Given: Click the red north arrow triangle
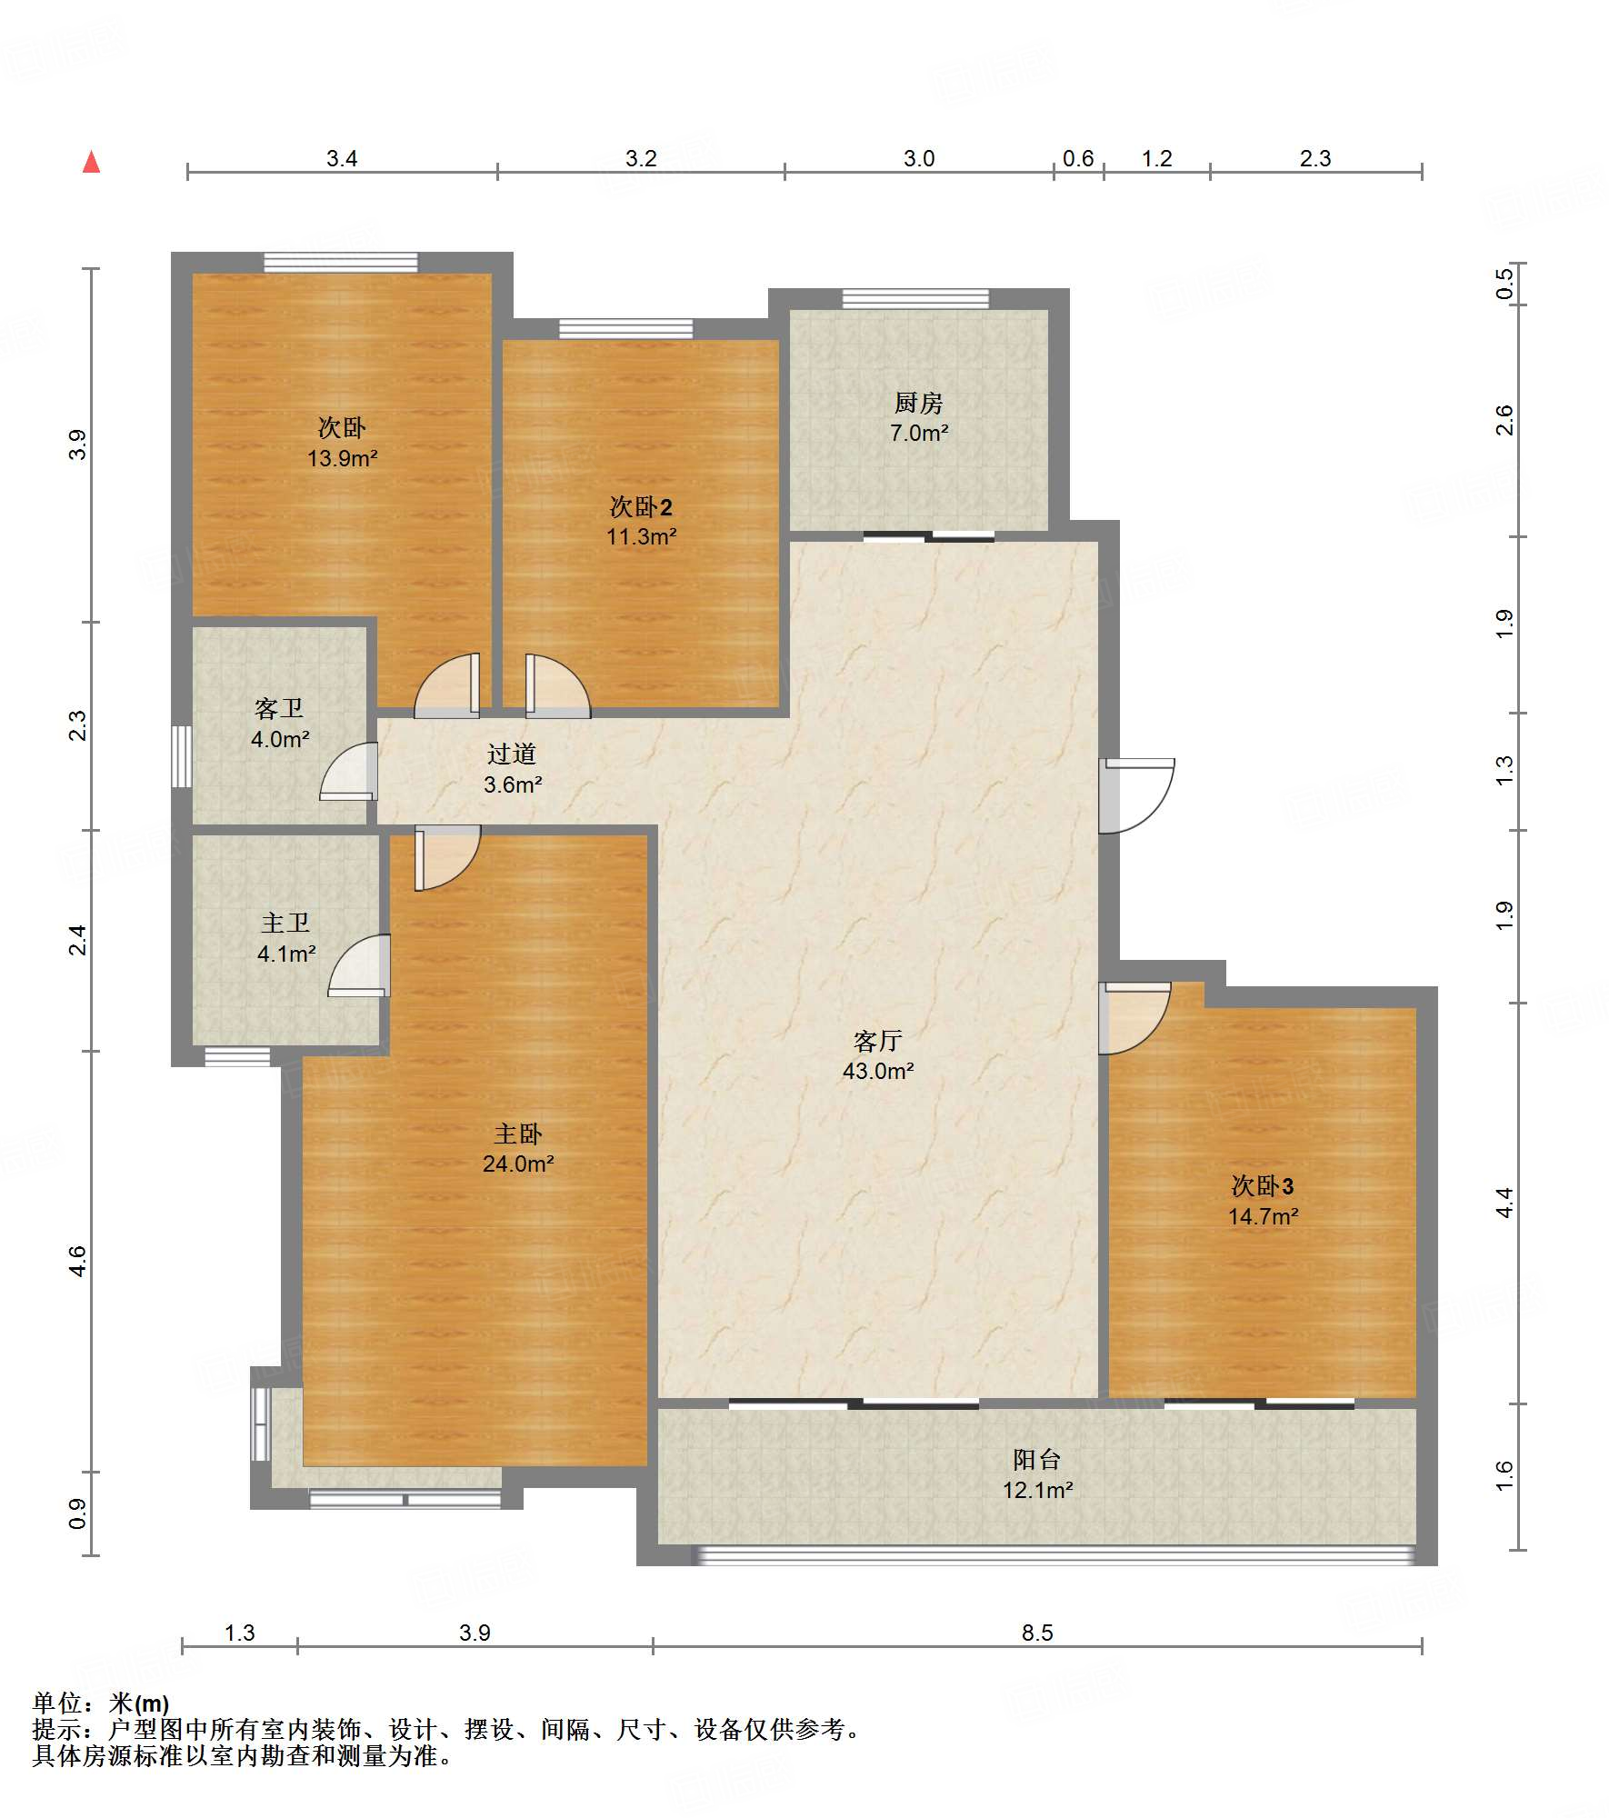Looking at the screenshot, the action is pos(91,162).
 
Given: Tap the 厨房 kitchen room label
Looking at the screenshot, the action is pos(918,403).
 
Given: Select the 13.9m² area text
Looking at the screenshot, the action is pos(342,458).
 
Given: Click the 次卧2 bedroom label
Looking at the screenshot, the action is pos(641,506).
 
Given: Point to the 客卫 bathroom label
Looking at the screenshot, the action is pos(279,708).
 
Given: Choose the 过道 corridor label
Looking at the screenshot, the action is pos(512,754).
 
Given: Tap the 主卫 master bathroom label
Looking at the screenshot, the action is pos(285,923).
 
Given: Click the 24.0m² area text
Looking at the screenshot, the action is pos(518,1164).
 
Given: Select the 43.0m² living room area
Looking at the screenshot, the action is pos(878,1071).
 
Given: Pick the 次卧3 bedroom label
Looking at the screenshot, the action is pos(1263,1185).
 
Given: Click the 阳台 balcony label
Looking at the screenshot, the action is pos(1037,1460).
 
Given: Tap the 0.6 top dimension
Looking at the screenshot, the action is pos(1078,158).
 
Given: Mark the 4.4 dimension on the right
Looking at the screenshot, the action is pos(1505,1203).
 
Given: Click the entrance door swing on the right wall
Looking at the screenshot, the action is pos(1136,795).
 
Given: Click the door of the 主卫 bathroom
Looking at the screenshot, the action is pos(359,965).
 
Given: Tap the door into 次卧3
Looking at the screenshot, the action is pos(1134,1018).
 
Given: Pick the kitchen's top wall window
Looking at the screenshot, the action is pos(915,299).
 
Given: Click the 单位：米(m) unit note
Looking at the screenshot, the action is pos(101,1703).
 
